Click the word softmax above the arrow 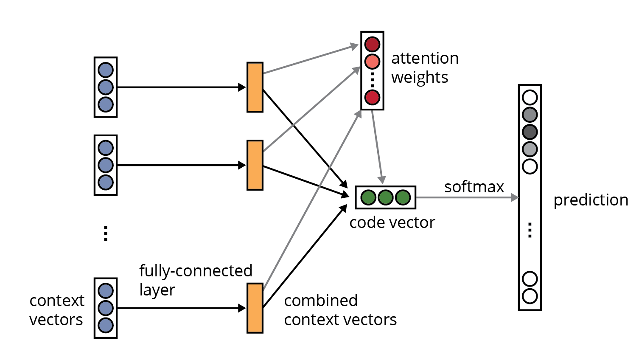click(x=474, y=187)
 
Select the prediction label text click(x=591, y=200)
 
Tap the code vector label click(x=392, y=222)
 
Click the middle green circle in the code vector click(x=385, y=197)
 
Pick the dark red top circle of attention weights click(x=372, y=44)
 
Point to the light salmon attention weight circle click(x=372, y=62)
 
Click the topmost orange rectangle click(x=255, y=87)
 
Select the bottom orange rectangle click(x=255, y=308)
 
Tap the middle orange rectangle click(x=255, y=165)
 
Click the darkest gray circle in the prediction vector click(x=530, y=132)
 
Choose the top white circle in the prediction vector click(x=530, y=97)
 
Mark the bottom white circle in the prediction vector click(x=530, y=296)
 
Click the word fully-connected click(x=196, y=271)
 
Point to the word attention click(x=425, y=58)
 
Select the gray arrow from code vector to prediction click(x=467, y=197)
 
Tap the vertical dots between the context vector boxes click(x=106, y=233)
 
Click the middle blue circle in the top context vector click(x=105, y=87)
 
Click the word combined click(x=320, y=301)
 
